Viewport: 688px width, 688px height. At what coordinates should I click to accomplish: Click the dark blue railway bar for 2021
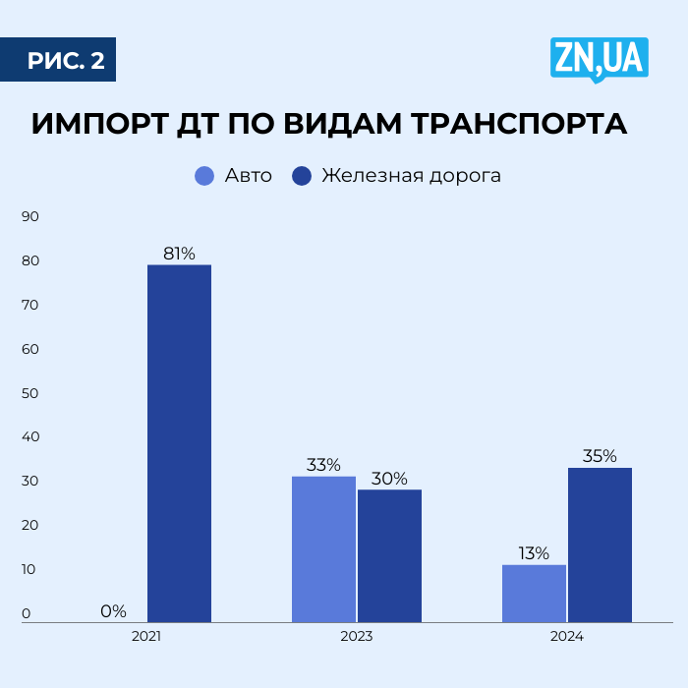point(179,443)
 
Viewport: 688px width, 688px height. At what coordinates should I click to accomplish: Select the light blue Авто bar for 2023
point(323,549)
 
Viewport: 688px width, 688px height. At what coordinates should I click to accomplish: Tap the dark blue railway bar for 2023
point(389,555)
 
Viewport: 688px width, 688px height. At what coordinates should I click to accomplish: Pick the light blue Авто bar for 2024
point(534,594)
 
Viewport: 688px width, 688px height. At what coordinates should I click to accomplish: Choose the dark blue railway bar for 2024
point(600,545)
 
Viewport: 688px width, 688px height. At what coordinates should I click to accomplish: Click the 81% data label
point(179,254)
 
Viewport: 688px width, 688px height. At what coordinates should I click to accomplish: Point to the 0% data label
point(113,611)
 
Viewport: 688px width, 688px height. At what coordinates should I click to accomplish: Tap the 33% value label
point(323,465)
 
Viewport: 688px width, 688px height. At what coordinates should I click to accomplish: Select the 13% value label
point(534,553)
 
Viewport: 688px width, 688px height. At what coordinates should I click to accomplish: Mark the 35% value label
point(600,456)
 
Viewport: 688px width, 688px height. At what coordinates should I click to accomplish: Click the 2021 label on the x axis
point(146,637)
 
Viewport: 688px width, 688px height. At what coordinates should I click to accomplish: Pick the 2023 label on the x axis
point(357,637)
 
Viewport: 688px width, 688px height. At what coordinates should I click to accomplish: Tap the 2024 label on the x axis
point(567,637)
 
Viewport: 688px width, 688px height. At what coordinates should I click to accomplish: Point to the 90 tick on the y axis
point(29,216)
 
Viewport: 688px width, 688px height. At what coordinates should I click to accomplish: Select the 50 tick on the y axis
point(29,393)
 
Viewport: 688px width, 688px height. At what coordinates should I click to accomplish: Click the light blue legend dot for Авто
point(204,176)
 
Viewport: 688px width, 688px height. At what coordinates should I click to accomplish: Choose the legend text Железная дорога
point(411,176)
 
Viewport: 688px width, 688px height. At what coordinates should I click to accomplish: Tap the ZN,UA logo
point(599,59)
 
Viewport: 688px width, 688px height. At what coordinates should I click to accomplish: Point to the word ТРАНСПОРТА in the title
point(515,125)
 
